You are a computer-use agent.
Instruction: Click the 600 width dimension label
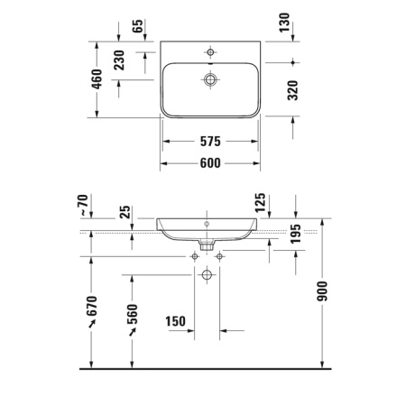209,162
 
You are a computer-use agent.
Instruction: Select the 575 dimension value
209,142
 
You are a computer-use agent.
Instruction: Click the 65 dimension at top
138,25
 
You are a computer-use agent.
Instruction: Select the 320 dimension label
286,89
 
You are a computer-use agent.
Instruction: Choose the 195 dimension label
295,235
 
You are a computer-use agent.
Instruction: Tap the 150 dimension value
176,321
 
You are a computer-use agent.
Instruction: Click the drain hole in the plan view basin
209,80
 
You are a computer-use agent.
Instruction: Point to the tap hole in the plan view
209,51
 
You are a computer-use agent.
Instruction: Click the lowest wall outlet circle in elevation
207,273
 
